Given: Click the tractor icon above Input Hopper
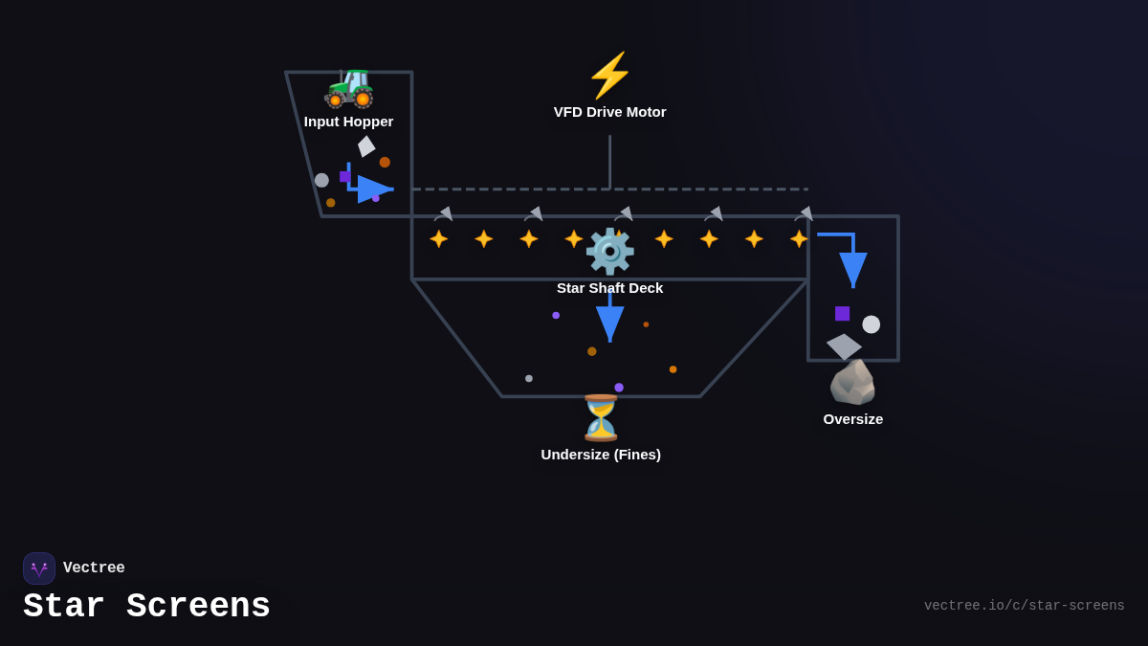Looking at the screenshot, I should (x=349, y=87).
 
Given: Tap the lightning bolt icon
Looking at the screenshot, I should (x=609, y=76).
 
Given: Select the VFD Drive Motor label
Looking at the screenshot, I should (x=609, y=112).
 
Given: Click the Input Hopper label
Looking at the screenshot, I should (x=348, y=122).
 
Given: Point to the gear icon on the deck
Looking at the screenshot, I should (x=609, y=251).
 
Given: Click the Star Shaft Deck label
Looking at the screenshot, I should (x=609, y=288).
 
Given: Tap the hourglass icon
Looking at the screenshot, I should (x=601, y=417).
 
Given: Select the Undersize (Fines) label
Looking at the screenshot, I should (x=601, y=455).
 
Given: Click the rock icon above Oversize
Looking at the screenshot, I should (x=852, y=382).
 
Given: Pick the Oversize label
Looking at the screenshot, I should (x=852, y=419).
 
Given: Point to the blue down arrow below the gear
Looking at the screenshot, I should (x=609, y=321).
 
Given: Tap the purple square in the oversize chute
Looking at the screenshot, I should (x=842, y=313).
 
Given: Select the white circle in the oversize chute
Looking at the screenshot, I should (x=871, y=324).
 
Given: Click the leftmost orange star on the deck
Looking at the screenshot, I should (x=438, y=238).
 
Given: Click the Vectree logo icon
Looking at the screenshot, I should (x=39, y=568).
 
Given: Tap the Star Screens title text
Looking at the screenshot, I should (x=146, y=607).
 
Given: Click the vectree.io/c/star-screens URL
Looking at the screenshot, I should (x=1024, y=606).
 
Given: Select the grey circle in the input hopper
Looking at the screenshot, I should (x=321, y=180).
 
